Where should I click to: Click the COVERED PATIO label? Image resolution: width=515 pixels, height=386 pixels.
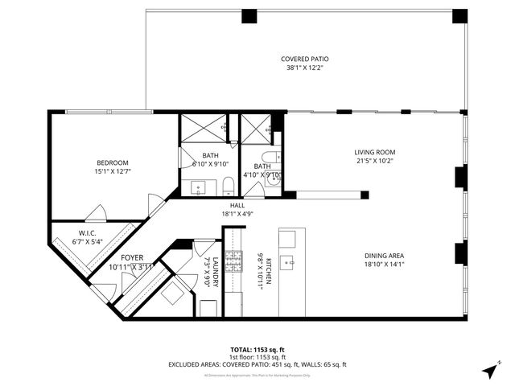pos(304,59)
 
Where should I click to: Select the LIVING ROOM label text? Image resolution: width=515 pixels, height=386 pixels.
pos(375,152)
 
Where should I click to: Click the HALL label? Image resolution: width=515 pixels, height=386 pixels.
pos(237,205)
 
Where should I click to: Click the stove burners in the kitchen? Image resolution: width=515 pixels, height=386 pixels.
pos(233,261)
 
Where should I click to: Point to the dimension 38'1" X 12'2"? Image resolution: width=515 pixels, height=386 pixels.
pos(304,68)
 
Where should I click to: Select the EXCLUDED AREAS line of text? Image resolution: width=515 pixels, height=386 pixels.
pos(257,364)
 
